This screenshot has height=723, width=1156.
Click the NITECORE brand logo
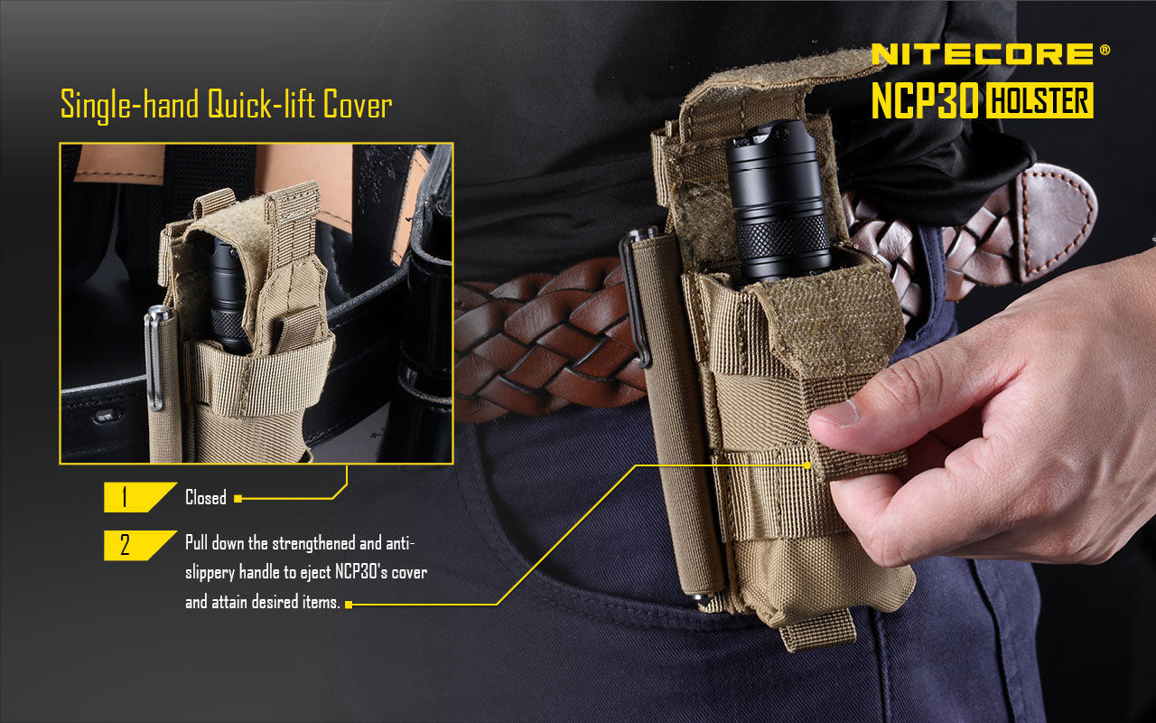pyautogui.click(x=983, y=54)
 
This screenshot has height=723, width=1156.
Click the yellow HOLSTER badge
pyautogui.click(x=1039, y=101)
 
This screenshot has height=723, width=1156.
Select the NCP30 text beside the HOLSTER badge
pyautogui.click(x=925, y=101)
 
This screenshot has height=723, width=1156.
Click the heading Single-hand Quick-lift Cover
pyautogui.click(x=226, y=105)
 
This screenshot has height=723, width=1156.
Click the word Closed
pyautogui.click(x=206, y=498)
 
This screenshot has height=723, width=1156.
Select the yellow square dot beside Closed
pyautogui.click(x=238, y=498)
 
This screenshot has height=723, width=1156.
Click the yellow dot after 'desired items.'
pyautogui.click(x=349, y=604)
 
